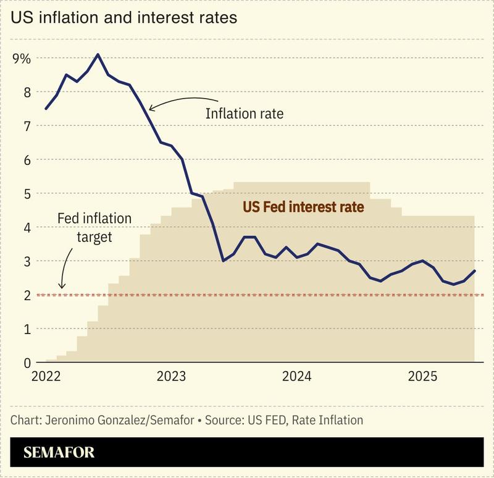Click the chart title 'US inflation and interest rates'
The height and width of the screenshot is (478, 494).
[124, 18]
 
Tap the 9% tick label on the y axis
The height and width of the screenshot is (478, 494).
[21, 59]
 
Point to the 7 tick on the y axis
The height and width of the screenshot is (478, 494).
[25, 126]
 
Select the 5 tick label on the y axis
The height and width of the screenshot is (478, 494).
[25, 194]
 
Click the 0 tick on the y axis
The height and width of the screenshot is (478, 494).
[25, 363]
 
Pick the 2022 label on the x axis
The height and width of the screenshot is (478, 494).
[46, 376]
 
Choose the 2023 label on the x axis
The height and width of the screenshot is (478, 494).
[174, 376]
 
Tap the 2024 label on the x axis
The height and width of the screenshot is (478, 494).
[300, 376]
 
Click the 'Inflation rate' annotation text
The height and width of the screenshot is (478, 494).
[244, 114]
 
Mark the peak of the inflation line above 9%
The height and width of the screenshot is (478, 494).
[98, 54]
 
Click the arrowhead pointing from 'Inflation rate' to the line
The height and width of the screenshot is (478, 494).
[151, 109]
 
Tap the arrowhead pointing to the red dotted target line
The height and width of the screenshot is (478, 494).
[61, 285]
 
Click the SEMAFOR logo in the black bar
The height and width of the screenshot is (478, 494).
[59, 453]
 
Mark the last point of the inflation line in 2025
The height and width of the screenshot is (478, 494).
[474, 270]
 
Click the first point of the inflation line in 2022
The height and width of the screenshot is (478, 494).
[46, 109]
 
